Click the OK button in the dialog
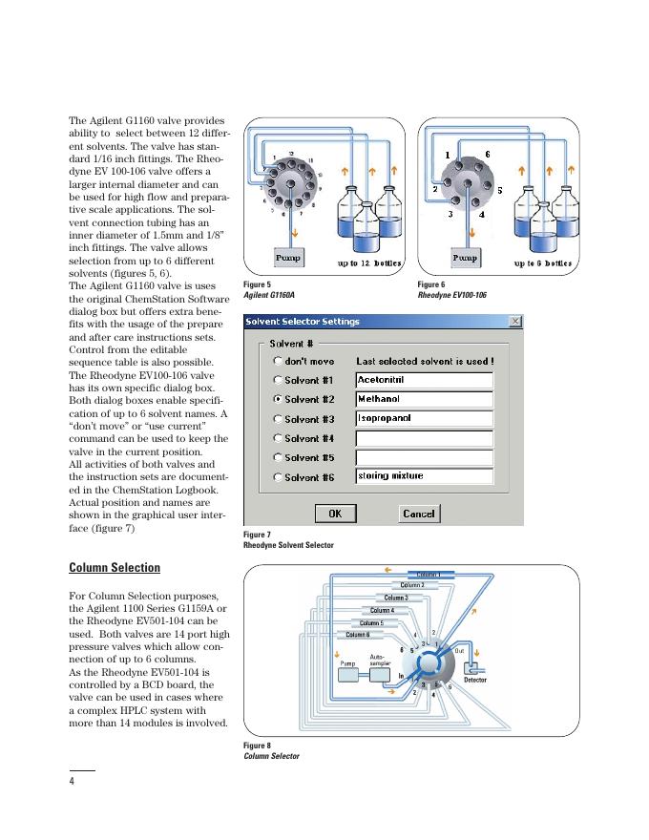point(335,514)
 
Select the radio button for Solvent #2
point(278,399)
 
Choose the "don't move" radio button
point(278,361)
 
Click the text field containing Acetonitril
point(424,380)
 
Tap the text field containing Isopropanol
point(424,418)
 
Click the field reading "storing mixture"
point(424,475)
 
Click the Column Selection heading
point(115,568)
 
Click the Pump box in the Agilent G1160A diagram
point(288,258)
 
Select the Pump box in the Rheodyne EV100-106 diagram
point(464,258)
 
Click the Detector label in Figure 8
point(474,680)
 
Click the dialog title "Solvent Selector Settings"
point(303,322)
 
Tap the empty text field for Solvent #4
point(424,437)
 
